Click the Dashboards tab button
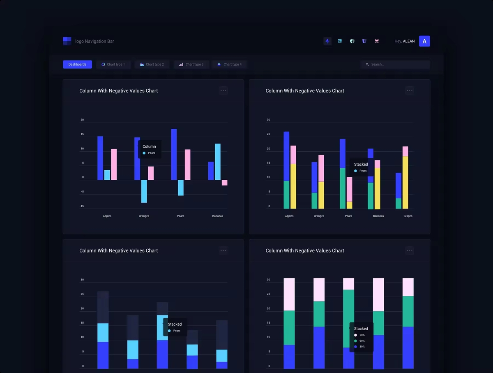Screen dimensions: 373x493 point(77,65)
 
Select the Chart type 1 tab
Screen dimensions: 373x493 point(113,65)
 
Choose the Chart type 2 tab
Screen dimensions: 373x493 point(152,65)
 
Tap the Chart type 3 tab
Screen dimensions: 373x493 point(191,65)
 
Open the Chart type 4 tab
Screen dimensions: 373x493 point(230,65)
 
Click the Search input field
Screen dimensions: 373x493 point(395,65)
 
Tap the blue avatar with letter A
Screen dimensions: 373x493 point(424,41)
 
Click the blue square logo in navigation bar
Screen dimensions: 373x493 point(67,41)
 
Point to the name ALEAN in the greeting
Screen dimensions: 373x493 point(409,42)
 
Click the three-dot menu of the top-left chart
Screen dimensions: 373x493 point(223,90)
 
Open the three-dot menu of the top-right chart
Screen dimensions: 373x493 point(410,90)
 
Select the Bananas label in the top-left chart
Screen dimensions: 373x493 point(218,216)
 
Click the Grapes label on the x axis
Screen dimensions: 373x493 point(408,216)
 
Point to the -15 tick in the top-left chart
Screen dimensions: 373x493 point(82,206)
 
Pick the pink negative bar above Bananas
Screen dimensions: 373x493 point(225,183)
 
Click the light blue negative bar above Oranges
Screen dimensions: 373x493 point(144,191)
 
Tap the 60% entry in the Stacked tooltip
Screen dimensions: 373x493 point(362,341)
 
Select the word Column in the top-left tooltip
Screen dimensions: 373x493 point(149,146)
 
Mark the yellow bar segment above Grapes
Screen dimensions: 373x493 point(405,182)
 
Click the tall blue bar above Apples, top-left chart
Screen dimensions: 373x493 point(100,158)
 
